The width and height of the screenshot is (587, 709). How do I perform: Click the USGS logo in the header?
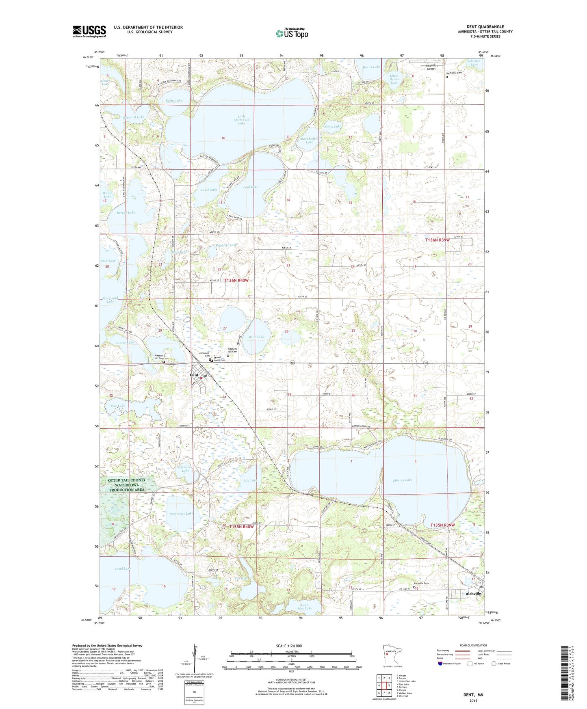pyautogui.click(x=89, y=31)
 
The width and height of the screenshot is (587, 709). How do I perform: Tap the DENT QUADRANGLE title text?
pyautogui.click(x=485, y=27)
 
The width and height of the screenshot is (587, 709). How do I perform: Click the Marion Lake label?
pyautogui.click(x=402, y=480)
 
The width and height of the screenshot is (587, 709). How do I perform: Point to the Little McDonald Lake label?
pyautogui.click(x=241, y=120)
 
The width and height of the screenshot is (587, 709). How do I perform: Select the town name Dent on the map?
pyautogui.click(x=194, y=375)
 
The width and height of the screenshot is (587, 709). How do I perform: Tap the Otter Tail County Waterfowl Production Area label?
pyautogui.click(x=127, y=485)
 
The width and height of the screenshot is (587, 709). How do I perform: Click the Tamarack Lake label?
pyautogui.click(x=181, y=514)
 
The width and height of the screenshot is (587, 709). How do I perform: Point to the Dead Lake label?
pyautogui.click(x=122, y=568)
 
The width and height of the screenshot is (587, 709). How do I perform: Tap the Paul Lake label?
pyautogui.click(x=250, y=187)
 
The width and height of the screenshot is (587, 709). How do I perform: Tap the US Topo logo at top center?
pyautogui.click(x=292, y=33)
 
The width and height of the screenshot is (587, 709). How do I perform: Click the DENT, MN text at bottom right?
pyautogui.click(x=473, y=695)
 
